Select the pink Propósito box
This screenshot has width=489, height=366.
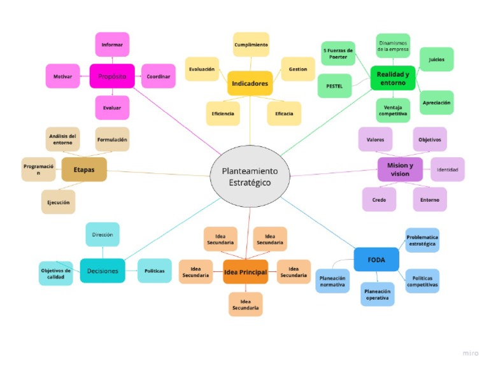112,76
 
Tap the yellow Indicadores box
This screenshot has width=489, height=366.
250,83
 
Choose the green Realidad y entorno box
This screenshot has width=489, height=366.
392,78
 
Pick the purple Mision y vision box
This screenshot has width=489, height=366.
400,169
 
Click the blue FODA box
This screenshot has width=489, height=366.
376,259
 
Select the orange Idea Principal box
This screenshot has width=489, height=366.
245,272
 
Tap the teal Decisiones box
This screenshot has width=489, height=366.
103,271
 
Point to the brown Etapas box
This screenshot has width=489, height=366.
84,169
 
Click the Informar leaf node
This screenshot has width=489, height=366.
112,45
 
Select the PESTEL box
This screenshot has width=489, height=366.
334,85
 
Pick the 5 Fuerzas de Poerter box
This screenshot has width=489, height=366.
337,53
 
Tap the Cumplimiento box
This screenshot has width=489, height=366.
251,45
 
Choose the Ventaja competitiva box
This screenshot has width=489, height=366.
393,109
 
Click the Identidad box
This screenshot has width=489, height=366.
447,169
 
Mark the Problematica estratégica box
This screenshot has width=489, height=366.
422,239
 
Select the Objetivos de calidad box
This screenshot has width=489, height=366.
55,274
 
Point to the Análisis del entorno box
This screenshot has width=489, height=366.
63,139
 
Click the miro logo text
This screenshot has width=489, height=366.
471,352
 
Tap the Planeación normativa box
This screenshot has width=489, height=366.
332,281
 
